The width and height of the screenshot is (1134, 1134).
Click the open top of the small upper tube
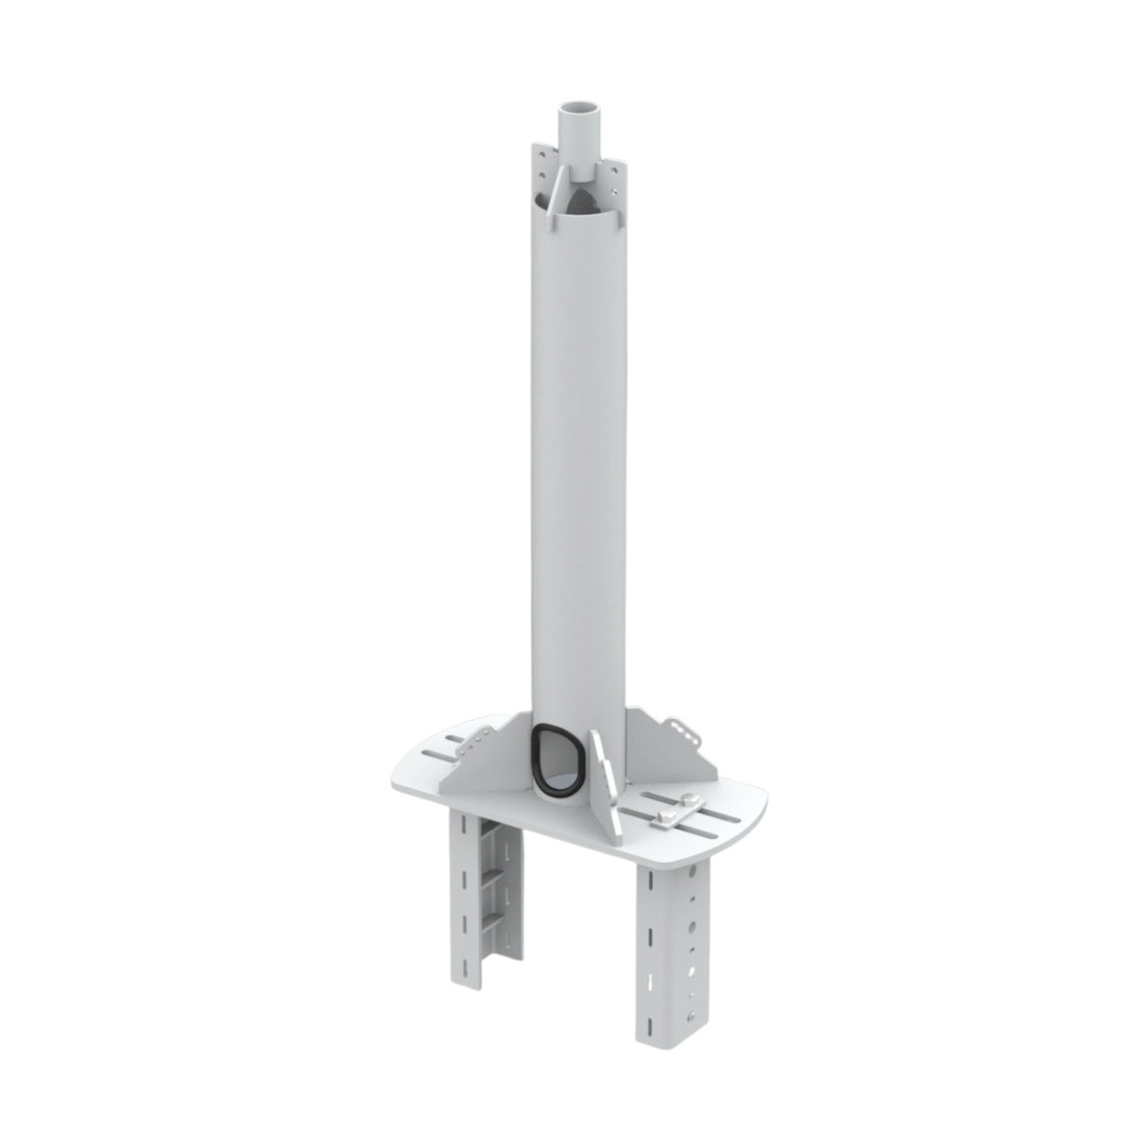[x=579, y=107]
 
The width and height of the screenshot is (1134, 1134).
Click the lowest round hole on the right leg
[x=691, y=1015]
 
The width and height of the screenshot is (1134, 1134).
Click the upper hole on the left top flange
[x=542, y=154]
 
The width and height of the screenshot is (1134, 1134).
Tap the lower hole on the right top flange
[x=614, y=192]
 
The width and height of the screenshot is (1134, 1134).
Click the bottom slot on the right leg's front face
[x=649, y=1025]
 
